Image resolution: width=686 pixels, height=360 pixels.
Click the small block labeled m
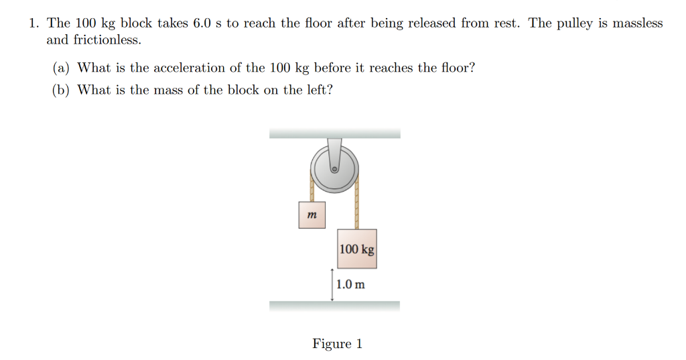coord(312,215)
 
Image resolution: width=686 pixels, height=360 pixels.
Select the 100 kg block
coord(357,249)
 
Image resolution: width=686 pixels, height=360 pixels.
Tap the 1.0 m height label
coord(351,284)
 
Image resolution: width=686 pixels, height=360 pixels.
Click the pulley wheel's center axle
coord(334,170)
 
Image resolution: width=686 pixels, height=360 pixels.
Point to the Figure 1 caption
coord(337,344)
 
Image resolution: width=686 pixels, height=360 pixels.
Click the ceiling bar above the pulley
coord(334,133)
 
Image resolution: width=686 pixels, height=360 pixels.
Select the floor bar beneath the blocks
coord(334,306)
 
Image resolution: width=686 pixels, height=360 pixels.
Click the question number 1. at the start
coord(34,23)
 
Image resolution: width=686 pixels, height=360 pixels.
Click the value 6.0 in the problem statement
coord(202,23)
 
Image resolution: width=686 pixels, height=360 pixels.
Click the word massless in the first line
coord(636,23)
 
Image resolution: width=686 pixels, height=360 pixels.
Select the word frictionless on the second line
coord(93,40)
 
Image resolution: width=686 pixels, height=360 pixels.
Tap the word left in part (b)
coord(319,90)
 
